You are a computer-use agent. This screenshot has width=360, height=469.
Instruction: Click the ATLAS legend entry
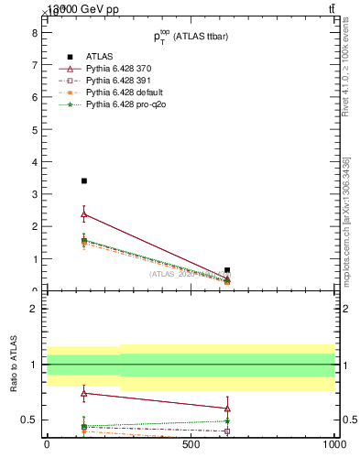pos(99,57)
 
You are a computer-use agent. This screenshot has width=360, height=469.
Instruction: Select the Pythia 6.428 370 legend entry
pos(123,69)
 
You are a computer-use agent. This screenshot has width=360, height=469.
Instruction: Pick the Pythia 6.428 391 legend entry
pos(123,81)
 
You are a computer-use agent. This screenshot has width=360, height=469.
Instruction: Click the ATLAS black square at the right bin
pos(227,270)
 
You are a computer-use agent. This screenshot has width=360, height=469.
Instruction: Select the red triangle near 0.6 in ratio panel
pos(227,409)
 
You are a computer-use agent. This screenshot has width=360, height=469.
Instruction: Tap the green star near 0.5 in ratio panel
pos(227,421)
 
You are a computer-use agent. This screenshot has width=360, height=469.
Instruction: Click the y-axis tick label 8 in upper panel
pos(34,32)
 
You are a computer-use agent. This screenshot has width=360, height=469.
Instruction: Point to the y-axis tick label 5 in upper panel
pos(34,129)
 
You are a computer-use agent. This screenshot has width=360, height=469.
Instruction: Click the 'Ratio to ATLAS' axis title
pos(14,364)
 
